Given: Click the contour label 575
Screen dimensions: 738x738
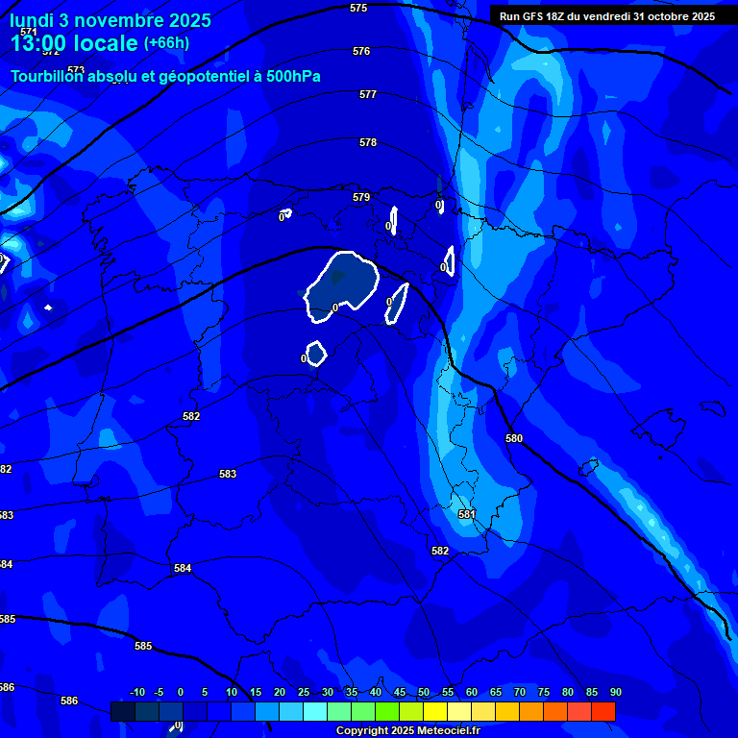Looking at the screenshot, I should point(358,8).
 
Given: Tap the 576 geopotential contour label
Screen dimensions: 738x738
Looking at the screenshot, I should point(361,51).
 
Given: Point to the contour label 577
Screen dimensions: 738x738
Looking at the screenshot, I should point(368,94).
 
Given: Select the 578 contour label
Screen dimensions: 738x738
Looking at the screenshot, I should point(368,142).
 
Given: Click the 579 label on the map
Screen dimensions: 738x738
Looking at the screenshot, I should point(361,197).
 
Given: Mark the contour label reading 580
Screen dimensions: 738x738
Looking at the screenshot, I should point(514,438).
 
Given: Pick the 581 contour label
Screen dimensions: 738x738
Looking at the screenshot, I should point(467,514).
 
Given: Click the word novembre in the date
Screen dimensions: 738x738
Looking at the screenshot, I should point(108,20).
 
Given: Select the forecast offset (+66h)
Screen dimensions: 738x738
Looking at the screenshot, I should point(166,43).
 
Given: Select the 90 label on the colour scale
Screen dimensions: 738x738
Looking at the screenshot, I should point(615,692).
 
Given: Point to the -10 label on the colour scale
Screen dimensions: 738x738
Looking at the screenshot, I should point(137,692).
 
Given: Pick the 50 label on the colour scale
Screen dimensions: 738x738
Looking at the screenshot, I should point(424,692).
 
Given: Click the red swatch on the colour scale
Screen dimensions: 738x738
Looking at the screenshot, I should point(603,711).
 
